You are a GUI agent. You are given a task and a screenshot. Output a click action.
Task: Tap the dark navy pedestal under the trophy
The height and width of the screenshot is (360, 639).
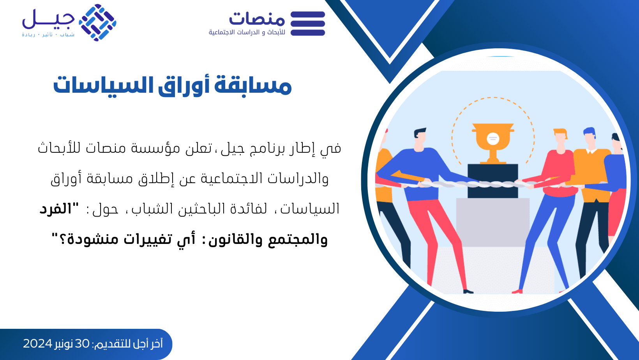492,181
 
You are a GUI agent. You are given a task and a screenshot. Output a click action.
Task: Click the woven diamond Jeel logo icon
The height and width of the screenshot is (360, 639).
97,23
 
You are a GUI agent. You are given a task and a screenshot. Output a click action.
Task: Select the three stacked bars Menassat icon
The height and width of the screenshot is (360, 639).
308,23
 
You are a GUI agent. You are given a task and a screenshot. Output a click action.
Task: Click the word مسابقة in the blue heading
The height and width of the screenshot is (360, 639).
253,85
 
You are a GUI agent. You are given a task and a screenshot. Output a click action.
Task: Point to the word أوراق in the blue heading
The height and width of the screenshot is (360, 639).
184,85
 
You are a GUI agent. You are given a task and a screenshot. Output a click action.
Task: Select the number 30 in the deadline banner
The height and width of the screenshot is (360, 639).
82,344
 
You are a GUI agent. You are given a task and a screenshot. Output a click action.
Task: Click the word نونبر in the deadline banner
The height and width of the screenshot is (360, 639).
64,344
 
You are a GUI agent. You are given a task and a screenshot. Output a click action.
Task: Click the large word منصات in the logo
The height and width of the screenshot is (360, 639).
257,19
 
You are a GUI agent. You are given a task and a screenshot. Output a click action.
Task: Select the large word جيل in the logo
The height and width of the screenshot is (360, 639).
48,19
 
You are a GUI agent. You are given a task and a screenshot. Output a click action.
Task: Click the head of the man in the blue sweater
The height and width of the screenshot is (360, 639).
419,138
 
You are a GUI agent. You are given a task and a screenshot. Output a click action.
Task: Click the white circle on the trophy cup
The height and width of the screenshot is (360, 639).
492,139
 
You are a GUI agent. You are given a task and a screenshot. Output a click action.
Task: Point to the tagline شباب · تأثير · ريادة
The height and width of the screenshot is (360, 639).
48,35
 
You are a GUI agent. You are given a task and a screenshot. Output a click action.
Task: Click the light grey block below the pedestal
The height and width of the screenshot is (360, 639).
492,222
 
